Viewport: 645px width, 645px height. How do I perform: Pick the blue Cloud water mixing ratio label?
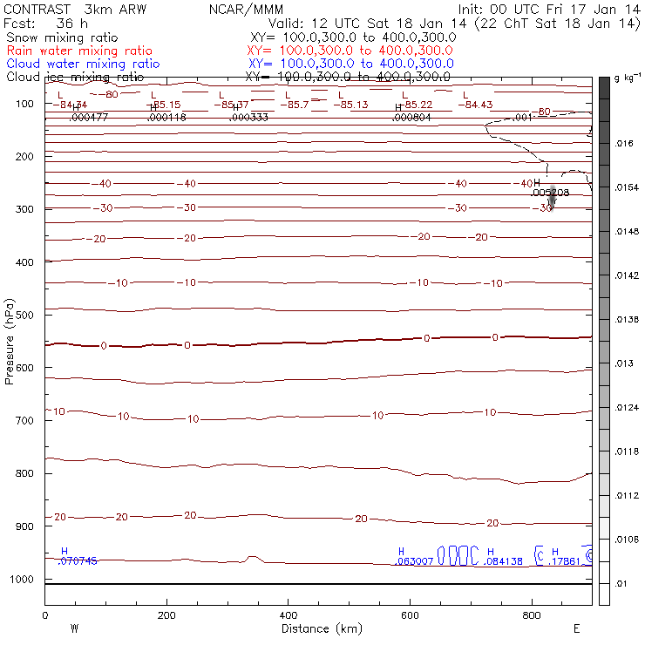(x=83, y=64)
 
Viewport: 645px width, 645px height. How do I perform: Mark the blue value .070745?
(x=78, y=561)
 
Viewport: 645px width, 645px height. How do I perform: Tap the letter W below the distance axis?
(x=74, y=628)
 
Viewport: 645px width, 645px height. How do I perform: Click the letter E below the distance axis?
(x=576, y=628)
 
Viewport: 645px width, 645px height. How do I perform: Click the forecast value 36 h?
(x=71, y=24)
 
